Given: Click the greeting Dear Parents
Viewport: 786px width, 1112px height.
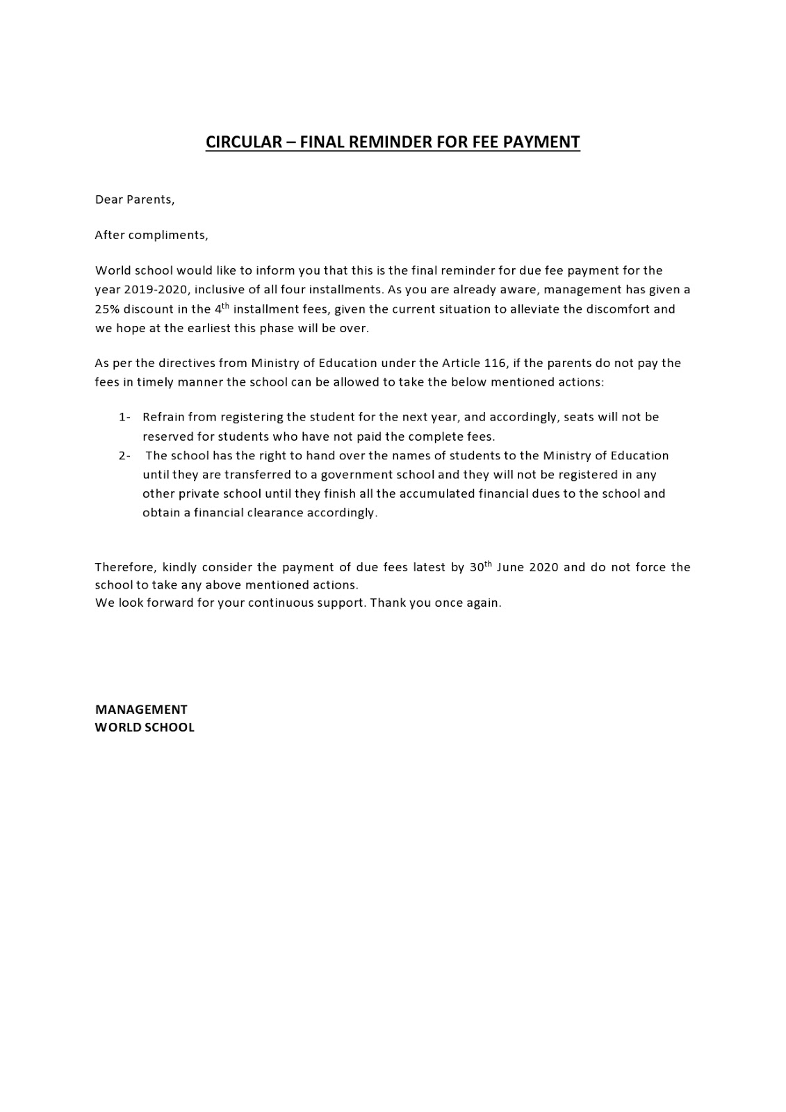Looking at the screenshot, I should tap(134, 200).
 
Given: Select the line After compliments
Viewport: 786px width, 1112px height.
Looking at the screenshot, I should tap(151, 235).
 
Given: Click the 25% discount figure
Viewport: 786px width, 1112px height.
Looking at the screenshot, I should tap(107, 309).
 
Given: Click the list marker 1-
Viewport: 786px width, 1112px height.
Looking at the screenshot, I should tap(124, 418).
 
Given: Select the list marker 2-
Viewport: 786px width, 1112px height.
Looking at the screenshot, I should tap(124, 456).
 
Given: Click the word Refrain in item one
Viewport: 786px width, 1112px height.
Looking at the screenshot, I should tap(163, 418).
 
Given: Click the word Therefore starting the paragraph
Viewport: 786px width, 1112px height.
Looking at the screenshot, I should tap(125, 568).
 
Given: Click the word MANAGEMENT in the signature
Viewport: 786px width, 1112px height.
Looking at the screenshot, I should tap(141, 710).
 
